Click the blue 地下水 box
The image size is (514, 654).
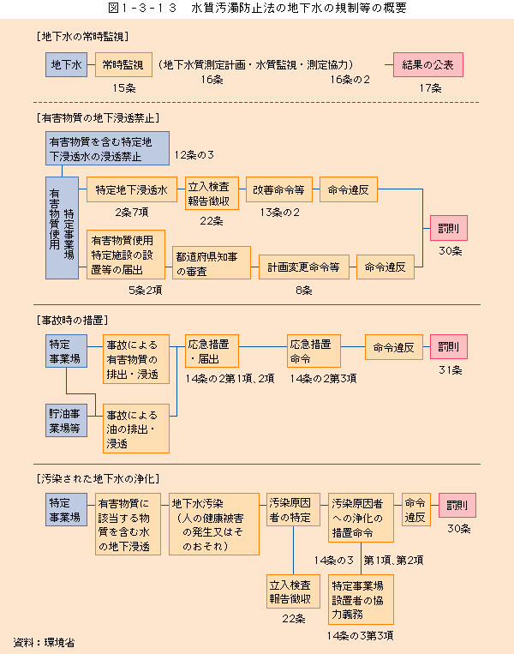click(66, 64)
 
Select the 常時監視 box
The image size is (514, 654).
click(123, 64)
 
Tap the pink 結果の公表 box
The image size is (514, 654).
click(428, 64)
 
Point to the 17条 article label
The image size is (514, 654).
click(431, 88)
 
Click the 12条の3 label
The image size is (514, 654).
click(194, 155)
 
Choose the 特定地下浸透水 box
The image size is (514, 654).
click(132, 189)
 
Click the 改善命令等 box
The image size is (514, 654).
click(279, 189)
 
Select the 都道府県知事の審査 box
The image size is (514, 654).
click(212, 263)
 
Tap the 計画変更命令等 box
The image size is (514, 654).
click(304, 267)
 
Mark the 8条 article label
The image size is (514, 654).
click(304, 291)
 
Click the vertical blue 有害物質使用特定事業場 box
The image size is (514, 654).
click(63, 228)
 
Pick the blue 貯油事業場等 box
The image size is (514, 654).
click(66, 420)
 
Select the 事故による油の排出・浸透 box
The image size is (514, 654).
click(136, 429)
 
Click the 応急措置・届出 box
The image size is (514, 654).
click(212, 351)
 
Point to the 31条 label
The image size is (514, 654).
click(451, 370)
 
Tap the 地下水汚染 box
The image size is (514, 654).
click(214, 525)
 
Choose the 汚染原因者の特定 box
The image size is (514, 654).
click(294, 510)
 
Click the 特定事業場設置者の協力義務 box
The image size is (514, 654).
click(361, 599)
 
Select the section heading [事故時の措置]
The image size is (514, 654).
click(72, 321)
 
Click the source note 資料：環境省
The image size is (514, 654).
click(44, 642)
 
